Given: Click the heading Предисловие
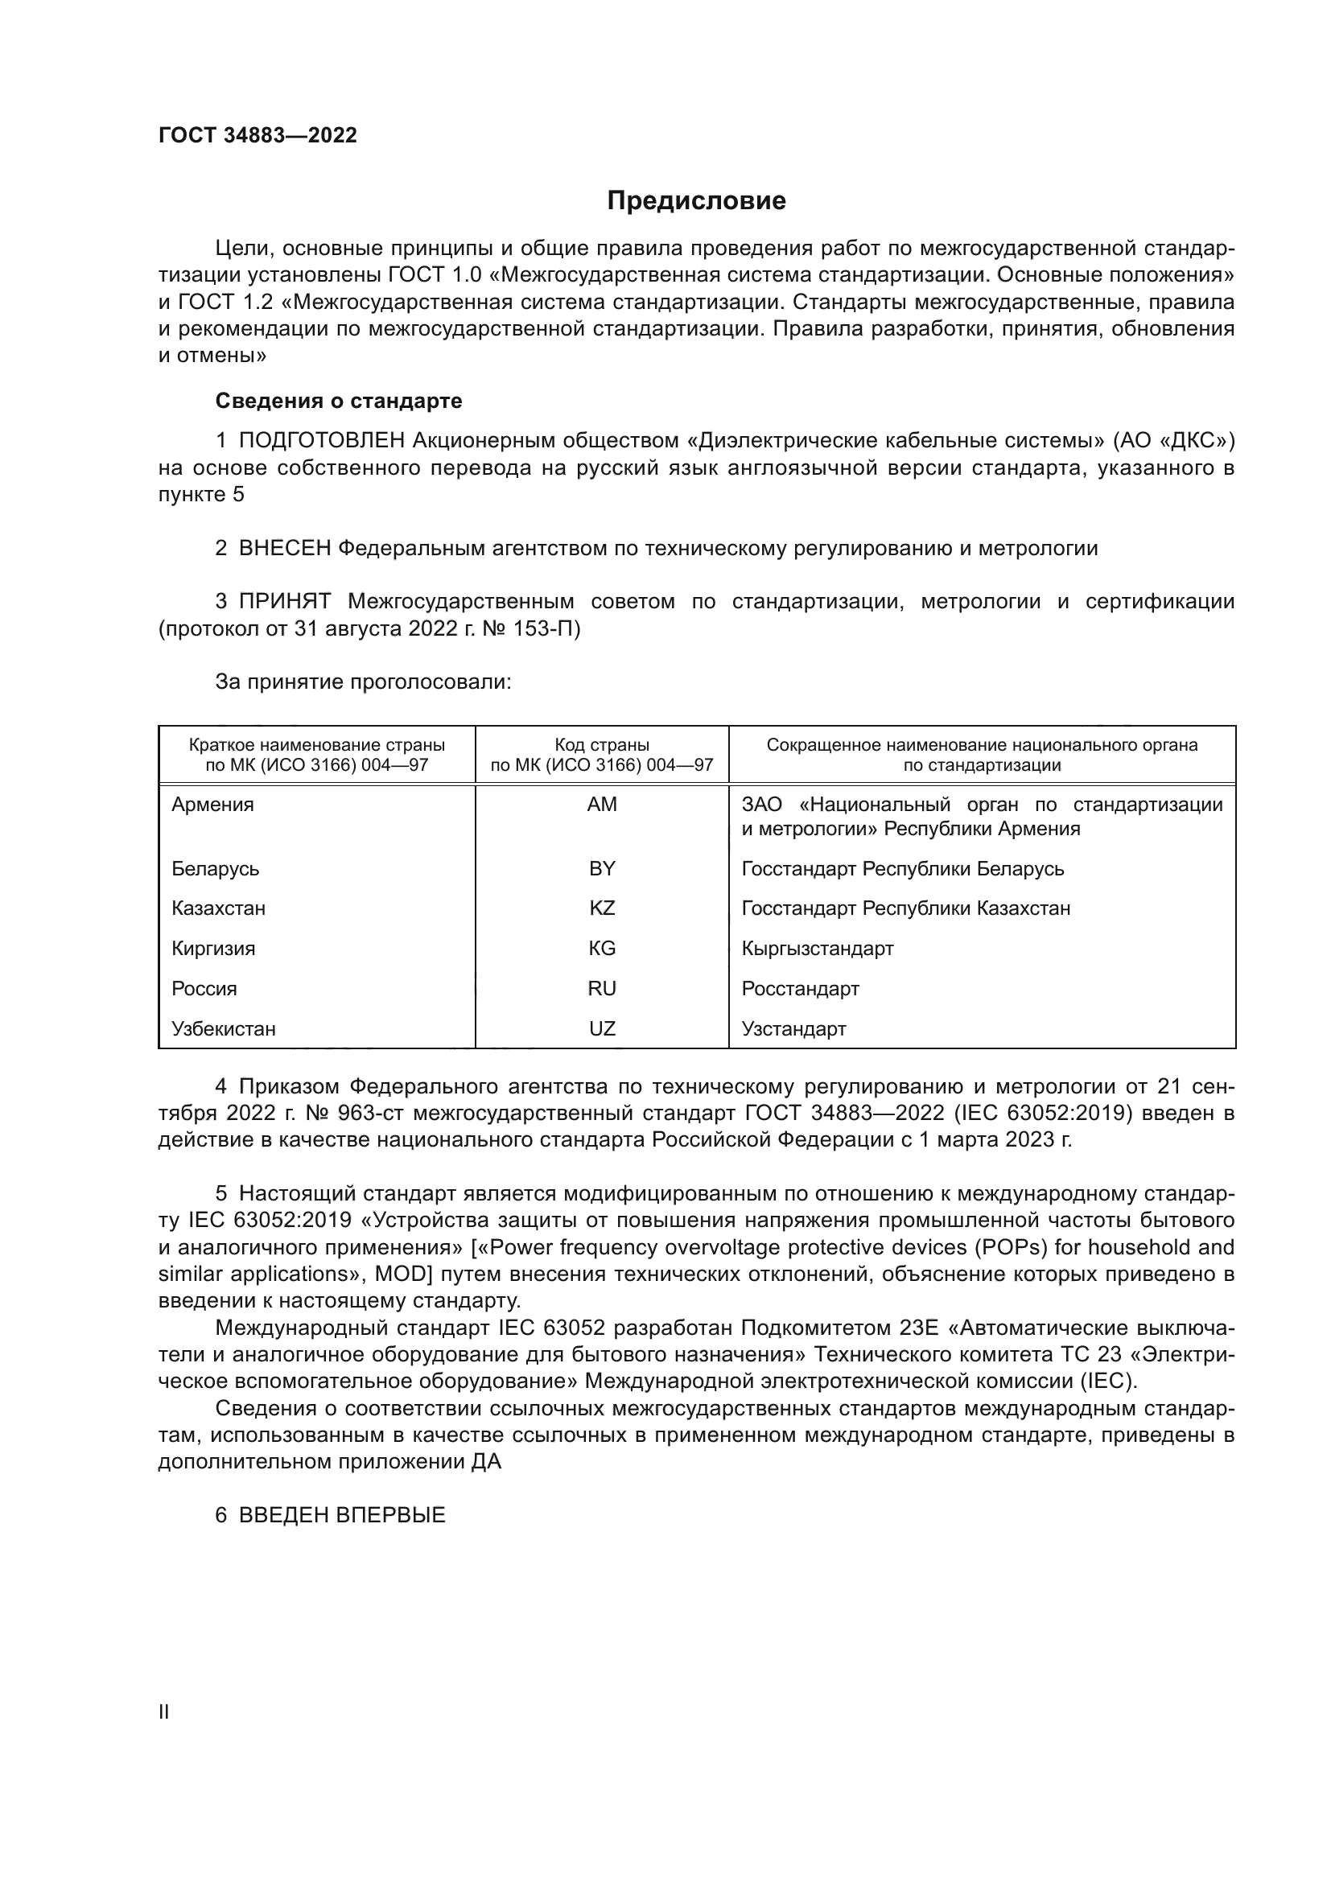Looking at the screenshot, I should tap(696, 201).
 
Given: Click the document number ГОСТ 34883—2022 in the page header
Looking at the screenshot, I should tap(258, 136).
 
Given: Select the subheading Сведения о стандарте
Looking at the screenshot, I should tap(339, 401).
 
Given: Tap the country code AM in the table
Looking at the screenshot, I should tap(602, 804).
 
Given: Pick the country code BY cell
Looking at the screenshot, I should tap(602, 868).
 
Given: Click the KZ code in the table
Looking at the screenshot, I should tap(602, 908).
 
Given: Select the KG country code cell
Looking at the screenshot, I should tap(602, 949).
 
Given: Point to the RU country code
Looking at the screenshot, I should tap(602, 989).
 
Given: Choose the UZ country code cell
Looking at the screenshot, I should tap(602, 1029).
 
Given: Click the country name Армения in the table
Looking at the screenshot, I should tap(213, 804).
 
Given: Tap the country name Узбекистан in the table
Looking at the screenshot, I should tap(224, 1029).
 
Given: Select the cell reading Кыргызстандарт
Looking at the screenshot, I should tap(817, 949).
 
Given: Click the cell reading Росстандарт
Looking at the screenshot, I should tap(800, 989).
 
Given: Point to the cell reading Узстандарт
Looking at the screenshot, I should tap(793, 1029).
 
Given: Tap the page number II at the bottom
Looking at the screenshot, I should tap(164, 1711).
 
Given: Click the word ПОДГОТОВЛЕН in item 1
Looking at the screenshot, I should tap(321, 441).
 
